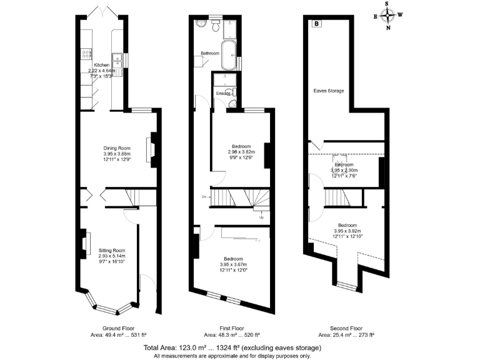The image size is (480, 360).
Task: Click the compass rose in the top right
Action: pyautogui.click(x=389, y=16)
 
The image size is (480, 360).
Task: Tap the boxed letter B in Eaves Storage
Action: pyautogui.click(x=316, y=24)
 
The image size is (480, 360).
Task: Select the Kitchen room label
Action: pyautogui.click(x=101, y=65)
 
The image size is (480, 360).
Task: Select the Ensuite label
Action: pyautogui.click(x=222, y=94)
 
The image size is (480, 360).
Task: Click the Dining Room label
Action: pyautogui.click(x=117, y=148)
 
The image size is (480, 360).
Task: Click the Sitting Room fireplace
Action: pyautogui.click(x=84, y=242)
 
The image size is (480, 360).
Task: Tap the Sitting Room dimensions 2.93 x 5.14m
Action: pyautogui.click(x=112, y=256)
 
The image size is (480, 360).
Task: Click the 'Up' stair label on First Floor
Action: pyautogui.click(x=261, y=217)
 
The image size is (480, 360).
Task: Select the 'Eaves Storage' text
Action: pyautogui.click(x=329, y=91)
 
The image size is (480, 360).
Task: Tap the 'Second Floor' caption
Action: pyautogui.click(x=346, y=327)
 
